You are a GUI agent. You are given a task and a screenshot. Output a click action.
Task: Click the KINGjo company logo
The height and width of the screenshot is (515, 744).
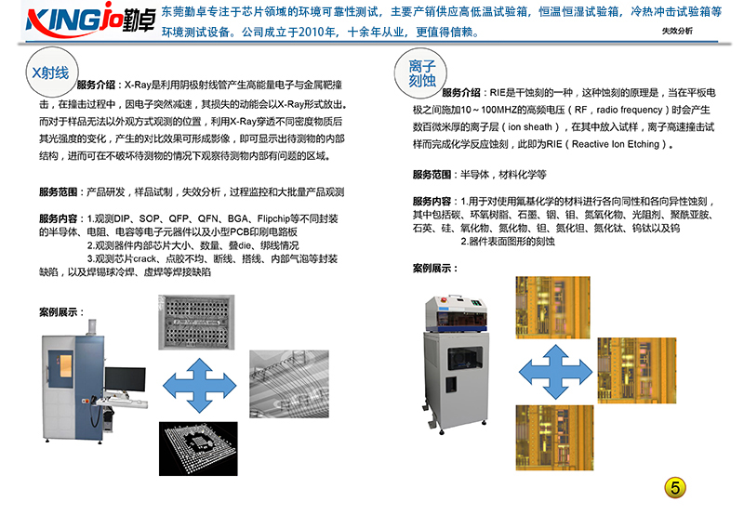pyautogui.click(x=90, y=20)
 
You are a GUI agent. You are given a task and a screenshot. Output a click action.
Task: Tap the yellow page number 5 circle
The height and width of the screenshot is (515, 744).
pyautogui.click(x=675, y=487)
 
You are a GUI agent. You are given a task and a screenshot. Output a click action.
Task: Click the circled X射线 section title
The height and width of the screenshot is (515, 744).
pyautogui.click(x=51, y=73)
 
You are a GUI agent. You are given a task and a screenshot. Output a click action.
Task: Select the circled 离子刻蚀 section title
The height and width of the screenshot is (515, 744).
pyautogui.click(x=420, y=73)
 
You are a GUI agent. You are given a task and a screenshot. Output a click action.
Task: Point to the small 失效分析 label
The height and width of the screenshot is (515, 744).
pyautogui.click(x=677, y=31)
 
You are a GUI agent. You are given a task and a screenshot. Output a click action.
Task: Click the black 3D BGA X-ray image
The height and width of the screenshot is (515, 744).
pyautogui.click(x=198, y=449)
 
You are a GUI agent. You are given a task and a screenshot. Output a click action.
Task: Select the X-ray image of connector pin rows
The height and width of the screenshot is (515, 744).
pyautogui.click(x=196, y=322)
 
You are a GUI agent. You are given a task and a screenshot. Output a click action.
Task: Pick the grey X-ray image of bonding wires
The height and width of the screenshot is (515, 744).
pyautogui.click(x=289, y=384)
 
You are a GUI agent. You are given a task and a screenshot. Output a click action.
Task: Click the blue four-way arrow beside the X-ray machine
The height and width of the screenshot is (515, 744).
pyautogui.click(x=199, y=386)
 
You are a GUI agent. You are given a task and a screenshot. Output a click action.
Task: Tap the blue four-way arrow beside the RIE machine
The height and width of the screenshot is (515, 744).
pyautogui.click(x=555, y=372)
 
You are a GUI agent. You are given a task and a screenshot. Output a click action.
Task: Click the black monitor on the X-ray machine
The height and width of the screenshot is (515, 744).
pyautogui.click(x=126, y=379)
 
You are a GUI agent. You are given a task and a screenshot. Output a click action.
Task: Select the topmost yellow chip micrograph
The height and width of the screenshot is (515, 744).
pyautogui.click(x=552, y=308)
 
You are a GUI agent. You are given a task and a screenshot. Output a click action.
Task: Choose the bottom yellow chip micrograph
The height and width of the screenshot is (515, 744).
pyautogui.click(x=554, y=438)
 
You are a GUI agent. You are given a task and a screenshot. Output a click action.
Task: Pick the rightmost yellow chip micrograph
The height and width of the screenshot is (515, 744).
pyautogui.click(x=637, y=370)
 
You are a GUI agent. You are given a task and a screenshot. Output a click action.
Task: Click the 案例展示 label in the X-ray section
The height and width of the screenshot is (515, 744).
pyautogui.click(x=61, y=312)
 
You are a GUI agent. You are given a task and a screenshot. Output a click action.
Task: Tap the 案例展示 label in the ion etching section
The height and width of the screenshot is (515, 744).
pyautogui.click(x=434, y=269)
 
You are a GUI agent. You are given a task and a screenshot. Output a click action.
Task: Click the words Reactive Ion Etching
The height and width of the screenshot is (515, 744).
pyautogui.click(x=616, y=144)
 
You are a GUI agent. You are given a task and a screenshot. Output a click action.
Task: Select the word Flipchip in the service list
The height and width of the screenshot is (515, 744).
pyautogui.click(x=273, y=218)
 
